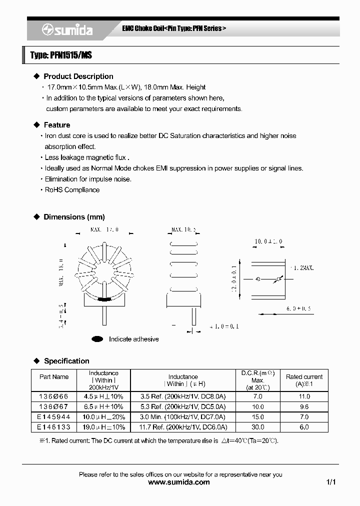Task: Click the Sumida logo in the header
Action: [x=67, y=30]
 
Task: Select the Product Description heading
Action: [x=78, y=76]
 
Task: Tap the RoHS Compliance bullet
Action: [x=72, y=190]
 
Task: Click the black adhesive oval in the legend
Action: [x=97, y=339]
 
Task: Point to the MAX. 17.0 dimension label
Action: [x=104, y=230]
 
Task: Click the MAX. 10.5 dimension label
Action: [x=183, y=230]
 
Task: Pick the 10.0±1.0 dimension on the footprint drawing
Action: [x=268, y=241]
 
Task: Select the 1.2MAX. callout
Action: [x=301, y=268]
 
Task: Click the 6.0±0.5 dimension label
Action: [x=298, y=309]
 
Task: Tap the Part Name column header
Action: [x=53, y=377]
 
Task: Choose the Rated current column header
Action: [x=304, y=380]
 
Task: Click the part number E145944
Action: [x=53, y=417]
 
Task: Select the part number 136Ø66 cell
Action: [x=53, y=396]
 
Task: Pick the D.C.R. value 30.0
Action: [x=257, y=427]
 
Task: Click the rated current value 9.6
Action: [x=304, y=406]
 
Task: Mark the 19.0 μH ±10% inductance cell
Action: [x=103, y=427]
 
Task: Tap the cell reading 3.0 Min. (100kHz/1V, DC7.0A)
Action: [x=182, y=417]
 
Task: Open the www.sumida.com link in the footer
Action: [x=179, y=482]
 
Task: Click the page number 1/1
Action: [x=331, y=482]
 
